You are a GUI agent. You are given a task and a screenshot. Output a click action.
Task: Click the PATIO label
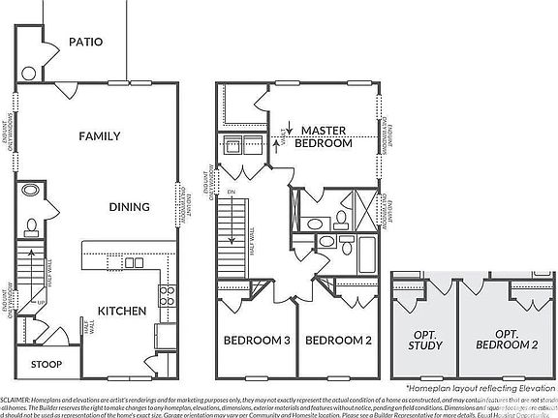pos(86,42)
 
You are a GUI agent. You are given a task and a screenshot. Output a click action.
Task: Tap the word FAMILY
pos(99,136)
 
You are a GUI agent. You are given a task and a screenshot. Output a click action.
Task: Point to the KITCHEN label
pos(121,311)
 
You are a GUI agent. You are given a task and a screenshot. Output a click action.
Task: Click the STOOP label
pos(46,365)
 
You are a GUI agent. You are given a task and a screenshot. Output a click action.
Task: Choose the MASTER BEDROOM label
pos(324,136)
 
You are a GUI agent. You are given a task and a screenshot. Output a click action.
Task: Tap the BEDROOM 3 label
pos(257,341)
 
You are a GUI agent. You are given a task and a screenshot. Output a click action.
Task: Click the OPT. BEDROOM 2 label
pos(510,339)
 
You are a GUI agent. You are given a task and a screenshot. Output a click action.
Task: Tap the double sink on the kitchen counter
pos(134,262)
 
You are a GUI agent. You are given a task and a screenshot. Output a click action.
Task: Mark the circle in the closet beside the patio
pos(29,72)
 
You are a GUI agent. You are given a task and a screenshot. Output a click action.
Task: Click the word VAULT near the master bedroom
pos(285,128)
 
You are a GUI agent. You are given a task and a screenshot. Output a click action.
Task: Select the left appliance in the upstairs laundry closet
pos(232,147)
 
